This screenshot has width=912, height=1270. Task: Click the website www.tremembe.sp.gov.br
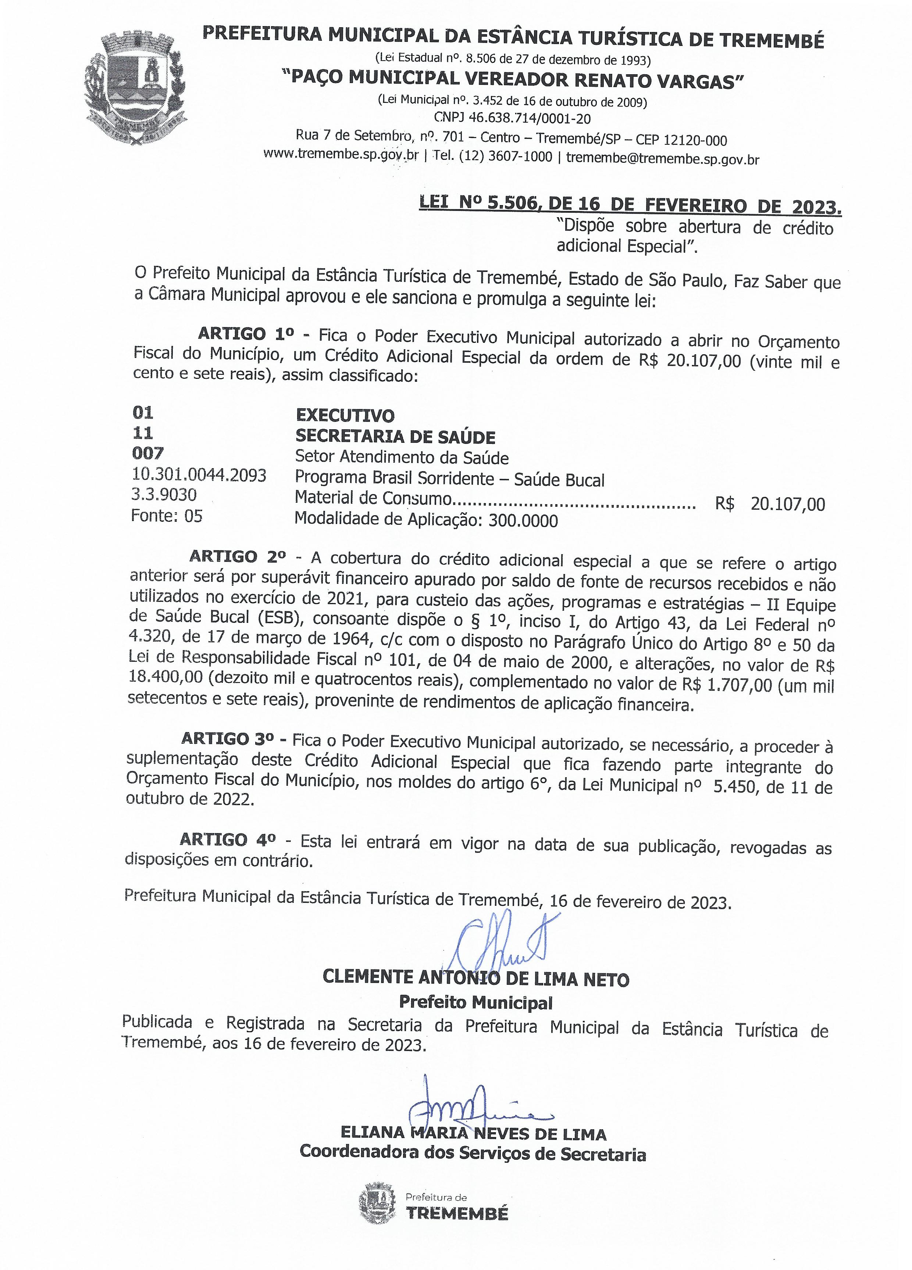(x=341, y=155)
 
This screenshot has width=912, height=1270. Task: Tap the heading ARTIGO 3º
(x=230, y=739)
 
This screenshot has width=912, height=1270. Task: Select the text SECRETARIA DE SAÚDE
(x=395, y=436)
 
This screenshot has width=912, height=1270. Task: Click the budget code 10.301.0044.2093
(x=199, y=475)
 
